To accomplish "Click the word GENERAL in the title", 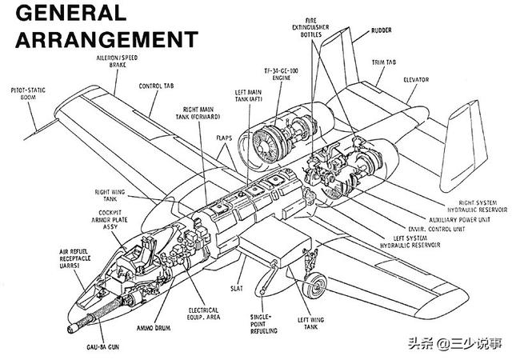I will (x=70, y=12).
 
